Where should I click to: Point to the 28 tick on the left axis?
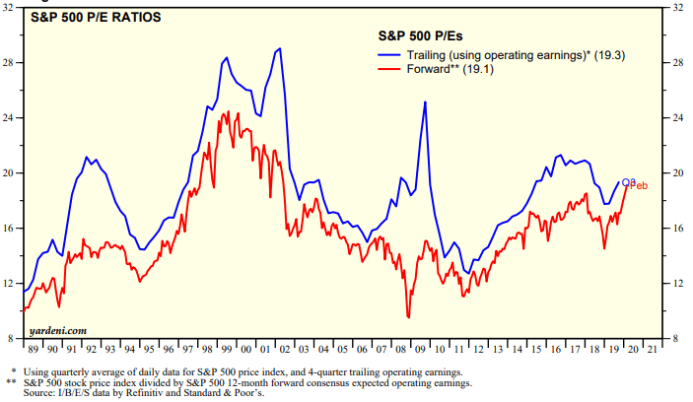(12, 63)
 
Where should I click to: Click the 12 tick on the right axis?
(679, 284)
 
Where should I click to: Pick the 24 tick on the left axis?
(12, 118)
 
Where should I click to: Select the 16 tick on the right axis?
(679, 229)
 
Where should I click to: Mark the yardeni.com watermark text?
(59, 330)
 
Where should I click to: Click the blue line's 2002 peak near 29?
(281, 48)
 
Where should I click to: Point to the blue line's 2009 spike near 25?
(425, 102)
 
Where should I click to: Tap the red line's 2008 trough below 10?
(408, 317)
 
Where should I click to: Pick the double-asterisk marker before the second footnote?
(11, 382)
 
